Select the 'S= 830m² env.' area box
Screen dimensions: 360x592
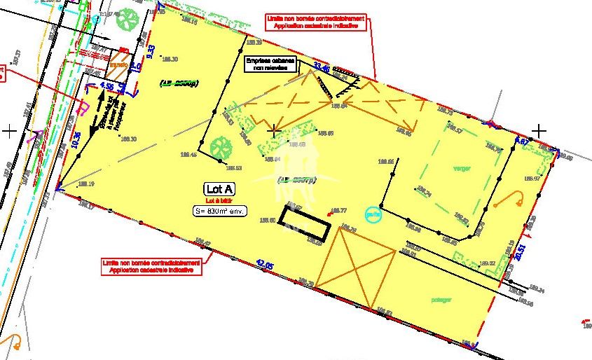click(221, 211)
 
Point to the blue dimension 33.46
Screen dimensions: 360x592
click(322, 67)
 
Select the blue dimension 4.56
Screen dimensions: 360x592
click(107, 85)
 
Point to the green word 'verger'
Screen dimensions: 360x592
click(461, 169)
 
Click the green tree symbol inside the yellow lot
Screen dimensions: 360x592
click(221, 147)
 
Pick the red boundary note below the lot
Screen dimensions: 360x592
click(151, 265)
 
